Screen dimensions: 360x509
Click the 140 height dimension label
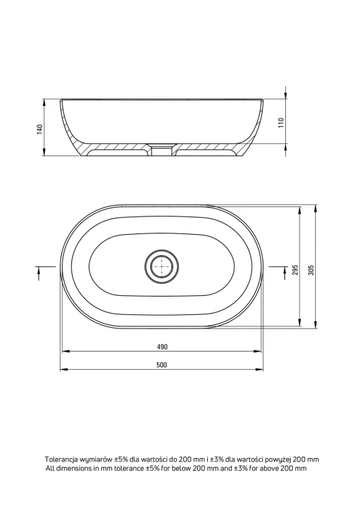click(40, 129)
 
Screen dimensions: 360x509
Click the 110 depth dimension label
click(281, 122)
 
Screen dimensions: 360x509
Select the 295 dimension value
click(295, 270)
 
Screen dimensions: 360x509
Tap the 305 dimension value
click(311, 270)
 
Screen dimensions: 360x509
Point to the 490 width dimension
click(162, 347)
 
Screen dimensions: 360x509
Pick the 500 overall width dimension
click(162, 365)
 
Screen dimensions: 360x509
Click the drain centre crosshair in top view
click(162, 266)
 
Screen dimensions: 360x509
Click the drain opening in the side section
click(162, 149)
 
